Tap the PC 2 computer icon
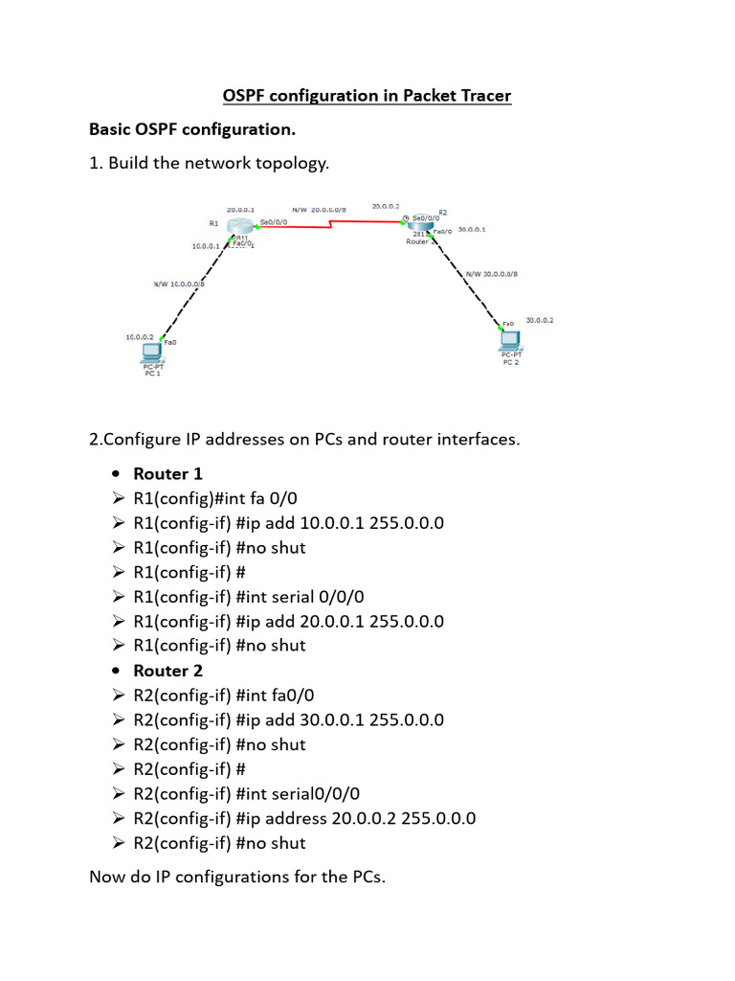509,339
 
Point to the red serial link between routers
330,225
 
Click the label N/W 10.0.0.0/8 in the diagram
179,284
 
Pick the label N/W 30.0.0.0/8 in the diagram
491,274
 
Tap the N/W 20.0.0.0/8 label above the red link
320,208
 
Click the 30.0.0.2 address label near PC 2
540,321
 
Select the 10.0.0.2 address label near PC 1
140,337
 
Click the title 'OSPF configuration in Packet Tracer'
367,96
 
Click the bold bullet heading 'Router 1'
167,473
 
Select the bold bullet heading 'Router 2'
167,671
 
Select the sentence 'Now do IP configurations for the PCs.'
237,877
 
